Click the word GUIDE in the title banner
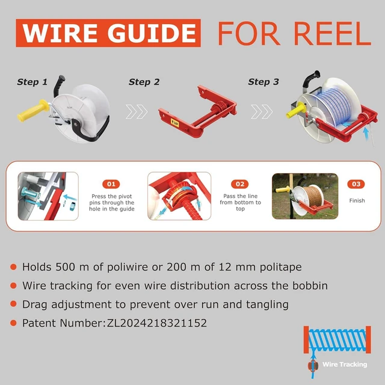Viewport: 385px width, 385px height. (152, 33)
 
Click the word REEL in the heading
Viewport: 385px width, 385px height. (332, 34)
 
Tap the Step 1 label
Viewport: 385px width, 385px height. (32, 82)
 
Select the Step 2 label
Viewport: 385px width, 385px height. (144, 82)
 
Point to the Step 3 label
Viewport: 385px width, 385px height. (263, 82)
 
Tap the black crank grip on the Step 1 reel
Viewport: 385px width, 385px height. (59, 85)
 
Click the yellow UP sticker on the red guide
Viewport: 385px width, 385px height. (175, 123)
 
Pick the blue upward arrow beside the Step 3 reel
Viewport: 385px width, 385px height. (366, 134)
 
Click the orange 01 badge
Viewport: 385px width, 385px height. (111, 184)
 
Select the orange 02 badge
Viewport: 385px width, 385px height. (240, 184)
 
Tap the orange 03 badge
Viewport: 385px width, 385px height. (356, 184)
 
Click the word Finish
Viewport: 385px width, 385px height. (357, 200)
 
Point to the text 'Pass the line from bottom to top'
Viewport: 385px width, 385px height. (241, 202)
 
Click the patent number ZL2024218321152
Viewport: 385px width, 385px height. (157, 323)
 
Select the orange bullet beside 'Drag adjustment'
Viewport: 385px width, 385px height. (13, 304)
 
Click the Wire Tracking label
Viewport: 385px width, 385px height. (345, 365)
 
